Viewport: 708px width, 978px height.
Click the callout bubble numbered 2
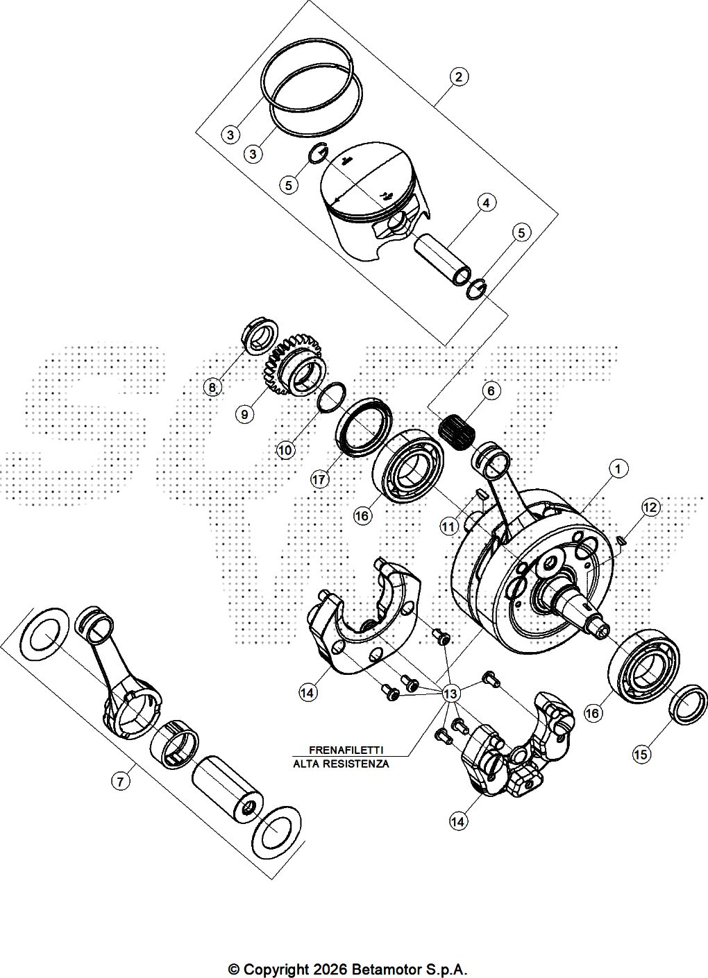(x=458, y=77)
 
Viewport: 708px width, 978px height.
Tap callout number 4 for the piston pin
(x=487, y=203)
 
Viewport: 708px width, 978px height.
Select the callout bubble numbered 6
(x=491, y=391)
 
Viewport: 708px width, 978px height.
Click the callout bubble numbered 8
(x=212, y=387)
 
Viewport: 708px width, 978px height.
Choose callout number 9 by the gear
(x=244, y=413)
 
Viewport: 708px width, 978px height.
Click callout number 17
(x=319, y=480)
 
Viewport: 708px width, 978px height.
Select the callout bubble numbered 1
(x=618, y=470)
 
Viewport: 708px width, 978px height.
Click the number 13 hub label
(x=450, y=693)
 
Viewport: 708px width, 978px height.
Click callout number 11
(x=448, y=527)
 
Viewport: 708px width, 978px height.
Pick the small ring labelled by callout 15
(x=689, y=705)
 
